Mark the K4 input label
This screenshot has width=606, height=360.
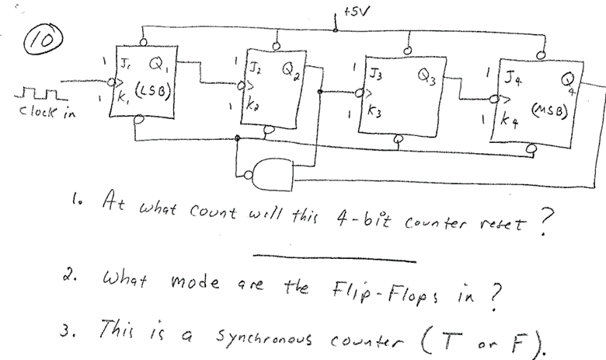510,121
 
